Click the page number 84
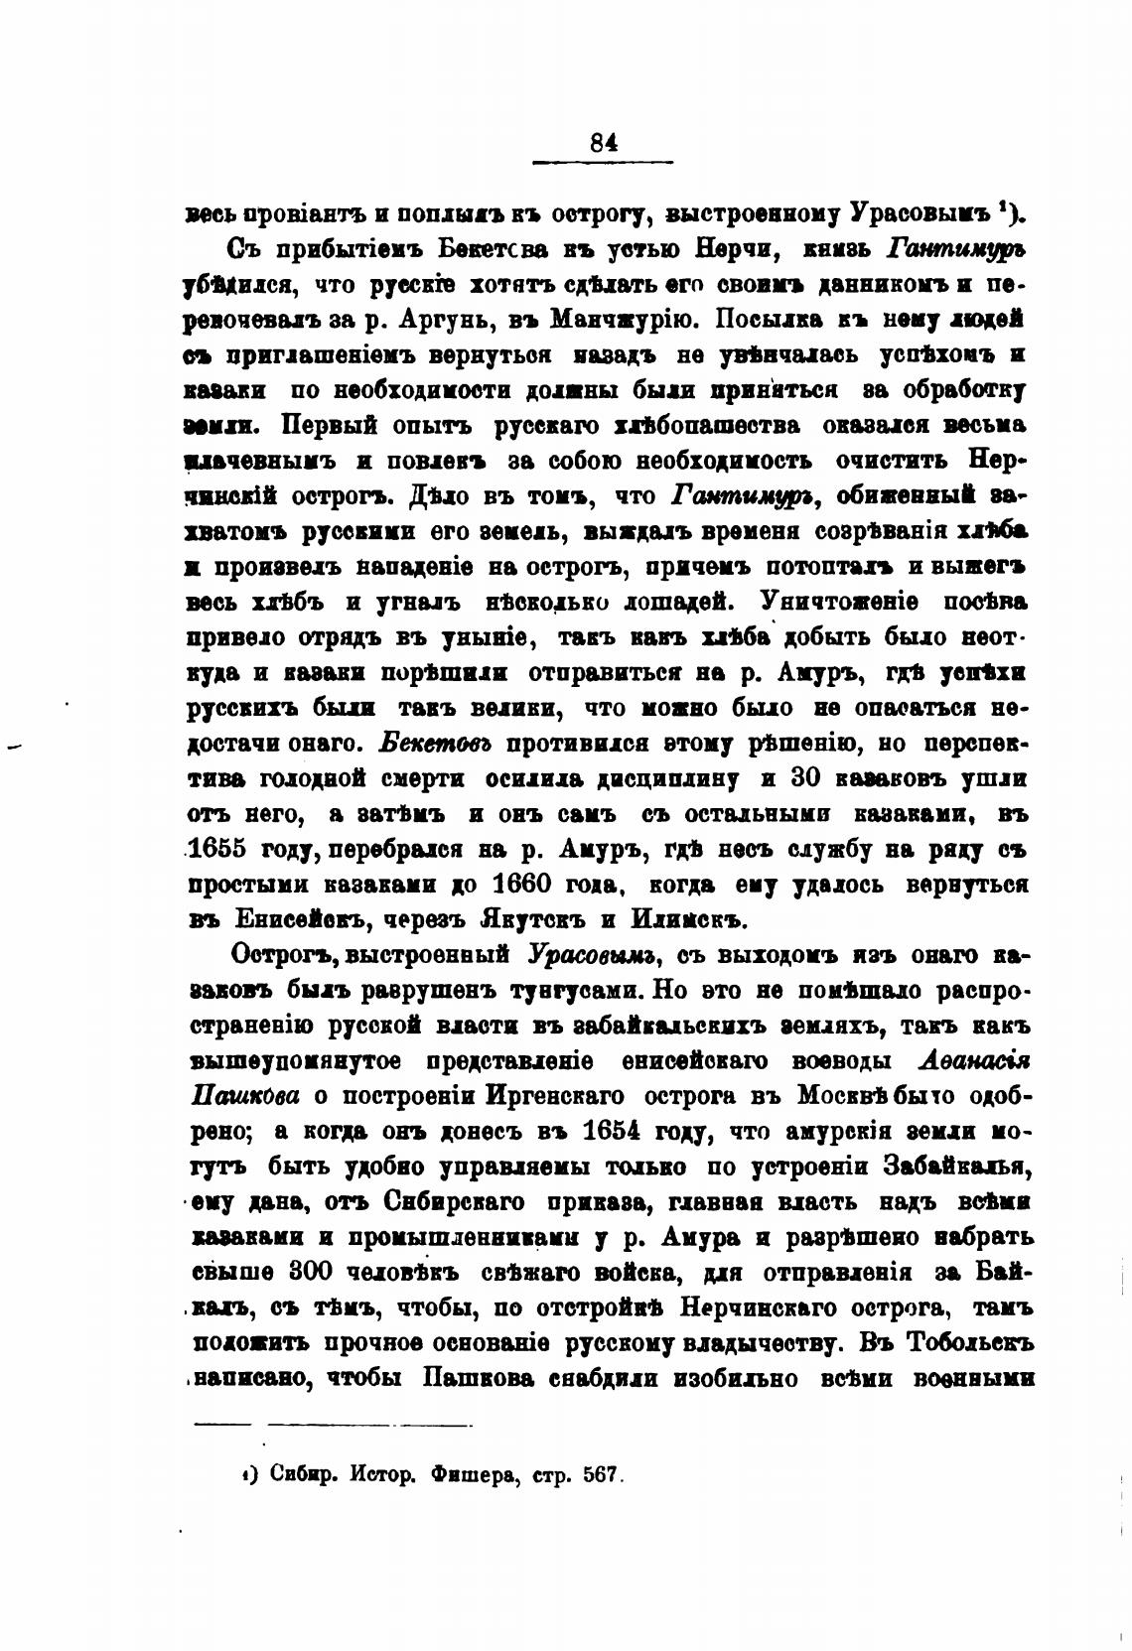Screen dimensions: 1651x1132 click(604, 142)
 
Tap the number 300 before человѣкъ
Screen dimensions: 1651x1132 click(317, 1272)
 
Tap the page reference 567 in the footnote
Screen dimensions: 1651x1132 click(601, 1475)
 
